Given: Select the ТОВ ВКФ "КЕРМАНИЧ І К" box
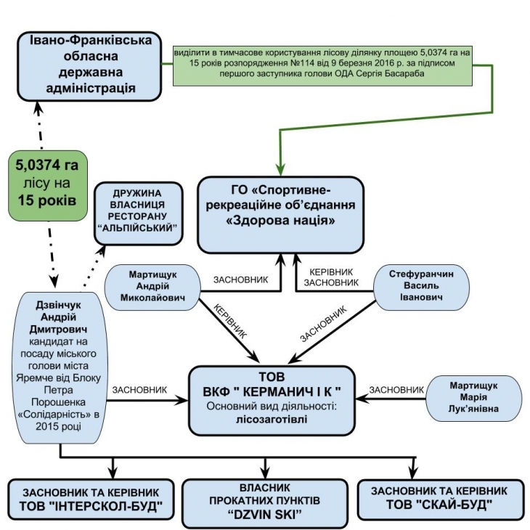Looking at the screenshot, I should [x=272, y=399].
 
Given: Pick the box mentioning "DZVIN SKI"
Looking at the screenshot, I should [x=267, y=499].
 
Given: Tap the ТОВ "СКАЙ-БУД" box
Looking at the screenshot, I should [x=442, y=499].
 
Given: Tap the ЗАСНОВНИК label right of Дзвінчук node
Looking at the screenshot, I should [x=140, y=390].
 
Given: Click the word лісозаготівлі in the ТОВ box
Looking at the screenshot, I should [x=270, y=418].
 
